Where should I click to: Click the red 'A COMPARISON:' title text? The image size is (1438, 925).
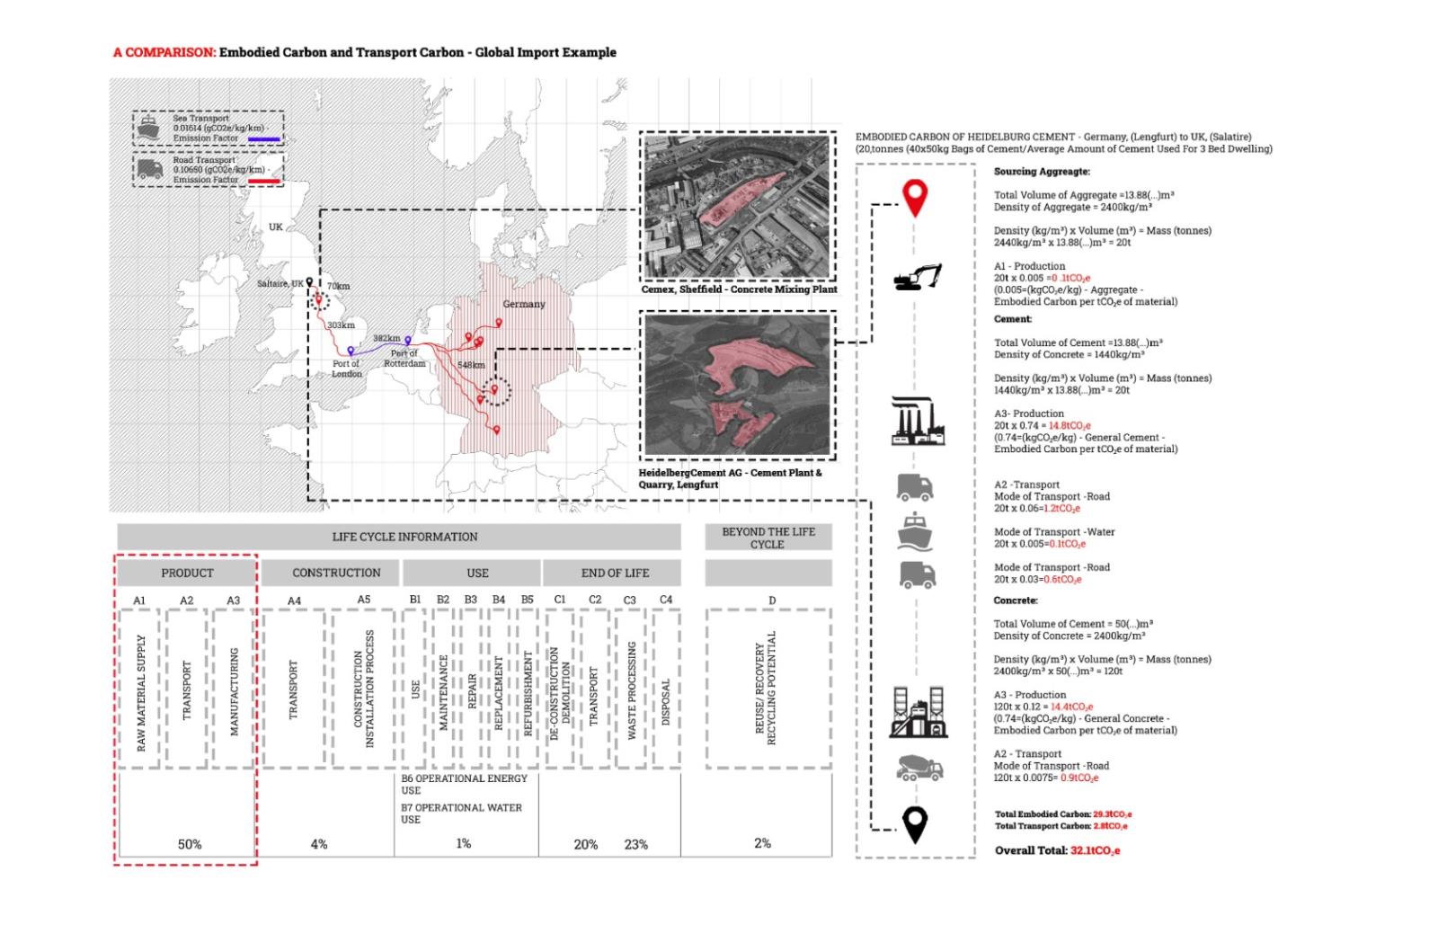point(164,52)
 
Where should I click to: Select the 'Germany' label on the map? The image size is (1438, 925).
point(523,304)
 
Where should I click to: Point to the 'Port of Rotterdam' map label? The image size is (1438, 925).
point(404,359)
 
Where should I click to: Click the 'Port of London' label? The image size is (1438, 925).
point(346,369)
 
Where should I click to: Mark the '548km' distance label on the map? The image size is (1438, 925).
point(471,365)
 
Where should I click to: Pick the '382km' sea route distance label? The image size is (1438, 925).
point(386,338)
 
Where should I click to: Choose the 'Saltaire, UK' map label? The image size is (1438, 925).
point(280,283)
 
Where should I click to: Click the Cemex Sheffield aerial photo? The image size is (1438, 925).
point(737,208)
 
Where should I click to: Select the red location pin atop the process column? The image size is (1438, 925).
point(915,198)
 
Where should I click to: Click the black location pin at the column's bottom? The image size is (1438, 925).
point(915,824)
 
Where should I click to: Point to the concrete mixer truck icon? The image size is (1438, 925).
point(919,768)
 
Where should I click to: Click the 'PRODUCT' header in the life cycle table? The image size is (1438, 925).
point(187,573)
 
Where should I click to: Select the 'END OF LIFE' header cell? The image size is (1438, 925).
point(615,573)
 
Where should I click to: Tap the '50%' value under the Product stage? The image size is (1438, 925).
point(190,844)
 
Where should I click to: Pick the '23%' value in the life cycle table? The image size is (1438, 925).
point(635,844)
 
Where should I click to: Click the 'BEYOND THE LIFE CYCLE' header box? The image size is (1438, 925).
point(768,538)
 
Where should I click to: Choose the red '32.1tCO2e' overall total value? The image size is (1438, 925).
point(1095,850)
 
